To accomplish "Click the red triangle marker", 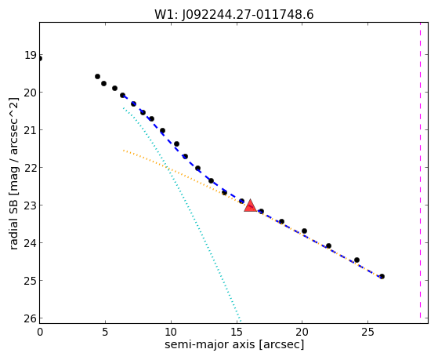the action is (250, 205).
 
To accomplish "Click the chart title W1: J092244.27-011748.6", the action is (234, 14).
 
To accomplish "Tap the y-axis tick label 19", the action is (31, 55).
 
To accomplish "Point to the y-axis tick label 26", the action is (31, 318).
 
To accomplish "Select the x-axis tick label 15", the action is (237, 333).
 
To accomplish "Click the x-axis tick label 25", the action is (368, 333).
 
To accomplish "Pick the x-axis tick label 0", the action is (40, 333).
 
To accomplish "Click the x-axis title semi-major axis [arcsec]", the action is (234, 344).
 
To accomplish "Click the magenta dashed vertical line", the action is (420, 170).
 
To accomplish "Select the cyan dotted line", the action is (182, 213).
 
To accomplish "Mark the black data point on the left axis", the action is (40, 59).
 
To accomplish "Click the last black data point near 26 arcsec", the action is (382, 276).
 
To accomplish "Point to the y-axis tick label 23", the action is (31, 205).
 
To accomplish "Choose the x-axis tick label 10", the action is (171, 333).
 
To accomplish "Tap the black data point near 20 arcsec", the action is (304, 231).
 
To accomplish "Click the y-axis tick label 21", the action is (31, 130).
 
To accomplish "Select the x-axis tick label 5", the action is (105, 333).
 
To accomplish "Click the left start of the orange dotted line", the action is (124, 151).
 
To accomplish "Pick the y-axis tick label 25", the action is (31, 281).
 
